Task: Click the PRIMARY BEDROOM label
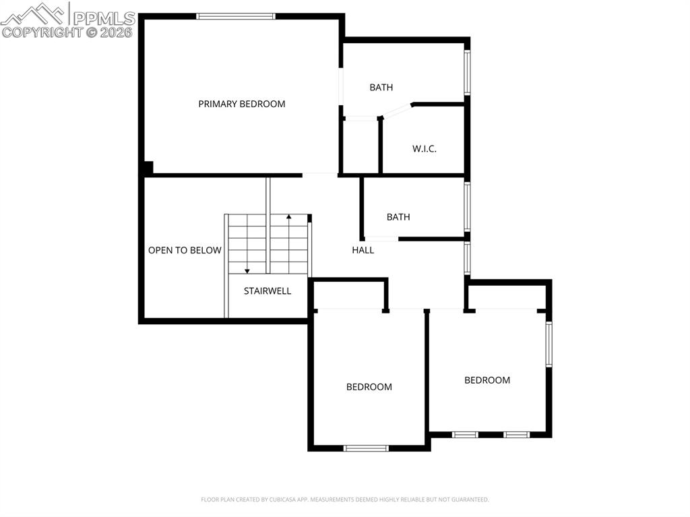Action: pyautogui.click(x=241, y=104)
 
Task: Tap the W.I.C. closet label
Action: pyautogui.click(x=424, y=149)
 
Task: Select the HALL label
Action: pyautogui.click(x=363, y=250)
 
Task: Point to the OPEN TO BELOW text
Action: pyautogui.click(x=185, y=251)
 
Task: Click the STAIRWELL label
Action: pyautogui.click(x=268, y=291)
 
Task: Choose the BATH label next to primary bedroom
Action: pyautogui.click(x=381, y=88)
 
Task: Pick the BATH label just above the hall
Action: pyautogui.click(x=398, y=217)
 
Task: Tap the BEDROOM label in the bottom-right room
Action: pyautogui.click(x=487, y=380)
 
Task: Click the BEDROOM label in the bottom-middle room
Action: pyautogui.click(x=369, y=387)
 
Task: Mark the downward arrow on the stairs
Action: pyautogui.click(x=247, y=270)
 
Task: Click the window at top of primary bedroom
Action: pyautogui.click(x=236, y=16)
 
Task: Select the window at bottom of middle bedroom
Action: pyautogui.click(x=366, y=448)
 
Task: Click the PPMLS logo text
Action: pyautogui.click(x=104, y=18)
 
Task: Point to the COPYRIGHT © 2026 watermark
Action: pyautogui.click(x=67, y=32)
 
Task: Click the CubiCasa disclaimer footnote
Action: pyautogui.click(x=344, y=499)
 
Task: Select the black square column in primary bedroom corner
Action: pyautogui.click(x=148, y=168)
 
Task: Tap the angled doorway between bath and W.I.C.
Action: pyautogui.click(x=396, y=111)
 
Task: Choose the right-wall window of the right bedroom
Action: pyautogui.click(x=548, y=344)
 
